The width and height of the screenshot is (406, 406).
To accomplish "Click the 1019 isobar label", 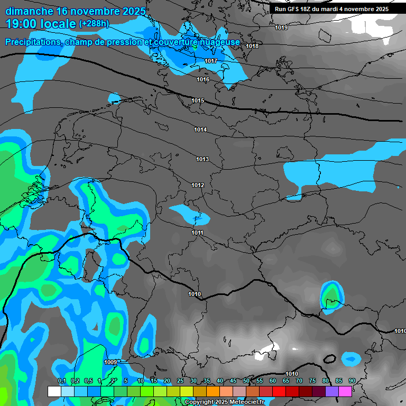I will pos(282,27).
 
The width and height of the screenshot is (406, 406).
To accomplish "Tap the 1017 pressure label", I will pos(211,61).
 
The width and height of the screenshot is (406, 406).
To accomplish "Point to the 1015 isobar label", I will pos(198,100).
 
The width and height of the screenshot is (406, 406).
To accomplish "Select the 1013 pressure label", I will pos(202,159).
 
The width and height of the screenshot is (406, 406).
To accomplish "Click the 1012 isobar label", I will pos(198,185).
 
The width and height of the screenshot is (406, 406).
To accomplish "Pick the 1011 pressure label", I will pos(198,233).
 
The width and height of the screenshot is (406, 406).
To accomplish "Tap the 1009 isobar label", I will pos(110,362).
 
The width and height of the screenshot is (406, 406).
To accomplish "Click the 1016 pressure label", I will pos(203,79).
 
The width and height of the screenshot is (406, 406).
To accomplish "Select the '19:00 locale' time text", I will pos(40,24).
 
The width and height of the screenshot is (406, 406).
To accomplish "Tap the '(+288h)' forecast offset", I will pos(94,24).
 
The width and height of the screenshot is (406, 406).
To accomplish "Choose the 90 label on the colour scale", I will pos(352,381).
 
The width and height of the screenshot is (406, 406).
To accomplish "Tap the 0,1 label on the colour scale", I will pos(62,381).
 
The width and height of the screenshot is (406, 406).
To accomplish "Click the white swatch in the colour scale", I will pos(54,391).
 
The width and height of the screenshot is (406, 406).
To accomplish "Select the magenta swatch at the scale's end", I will pos(345,391).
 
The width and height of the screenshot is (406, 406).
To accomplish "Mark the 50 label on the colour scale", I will pos(246,381).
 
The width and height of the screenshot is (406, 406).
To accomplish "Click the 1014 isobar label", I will pos(200,130).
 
